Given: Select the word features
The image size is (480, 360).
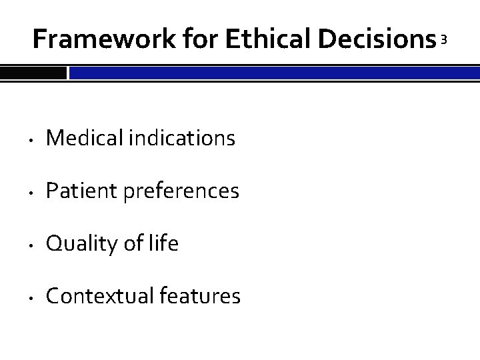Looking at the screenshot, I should [201, 296].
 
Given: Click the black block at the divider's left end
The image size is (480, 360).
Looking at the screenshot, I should [33, 72].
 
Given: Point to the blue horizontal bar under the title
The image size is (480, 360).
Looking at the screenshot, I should [274, 72].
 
